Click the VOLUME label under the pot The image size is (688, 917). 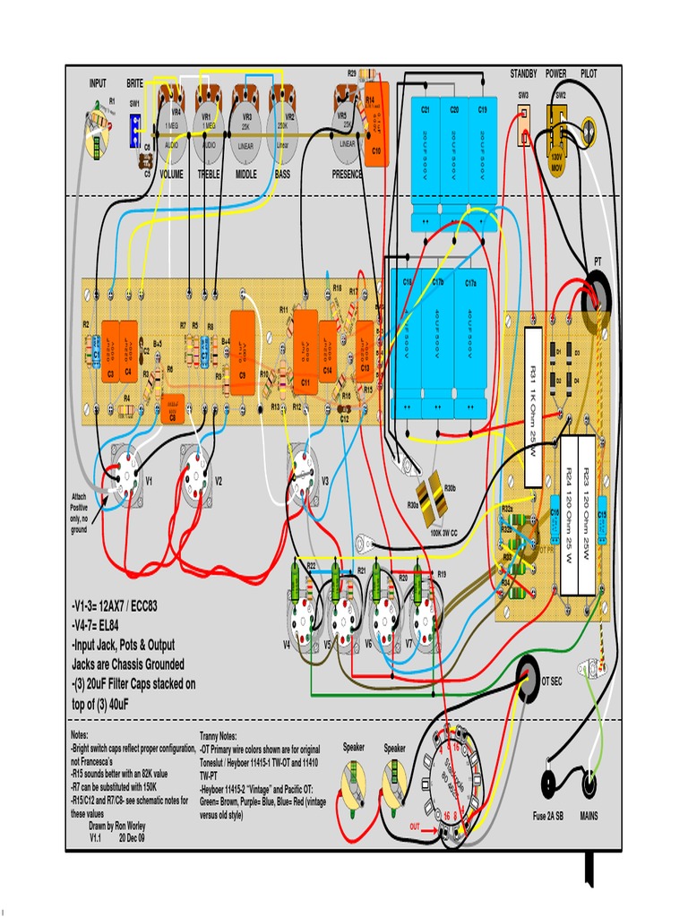(171, 175)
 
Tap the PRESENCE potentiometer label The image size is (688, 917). (348, 175)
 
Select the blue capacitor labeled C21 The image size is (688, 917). (426, 152)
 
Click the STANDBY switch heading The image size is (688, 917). (523, 73)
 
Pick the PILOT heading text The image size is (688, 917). (589, 73)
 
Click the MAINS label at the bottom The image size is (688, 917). (589, 816)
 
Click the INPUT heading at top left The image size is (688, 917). (98, 82)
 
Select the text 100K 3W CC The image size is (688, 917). (443, 533)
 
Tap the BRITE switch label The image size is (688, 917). (135, 82)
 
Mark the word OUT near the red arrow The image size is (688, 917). (415, 826)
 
